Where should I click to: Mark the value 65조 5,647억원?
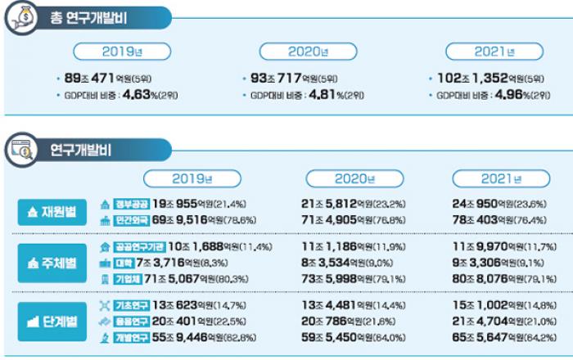click(487, 336)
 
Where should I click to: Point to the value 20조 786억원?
click(336, 321)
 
